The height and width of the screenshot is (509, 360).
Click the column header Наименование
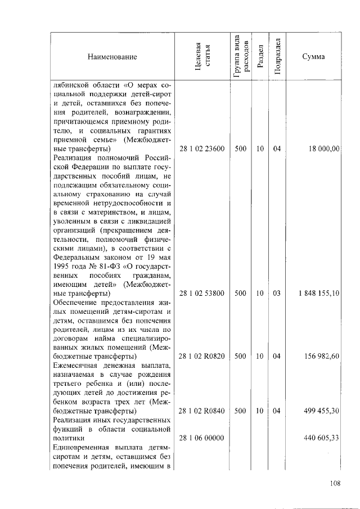pyautogui.click(x=112, y=57)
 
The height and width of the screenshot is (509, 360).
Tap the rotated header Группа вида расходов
pyautogui.click(x=240, y=57)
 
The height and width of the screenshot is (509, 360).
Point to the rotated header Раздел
pyautogui.click(x=259, y=57)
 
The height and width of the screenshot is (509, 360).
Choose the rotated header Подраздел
pyautogui.click(x=277, y=57)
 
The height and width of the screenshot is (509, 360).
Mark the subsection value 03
pyautogui.click(x=277, y=293)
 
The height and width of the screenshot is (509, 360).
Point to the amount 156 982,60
pyautogui.click(x=321, y=356)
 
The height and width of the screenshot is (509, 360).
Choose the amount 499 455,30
pyautogui.click(x=321, y=411)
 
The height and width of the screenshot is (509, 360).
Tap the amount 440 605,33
pyautogui.click(x=321, y=438)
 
